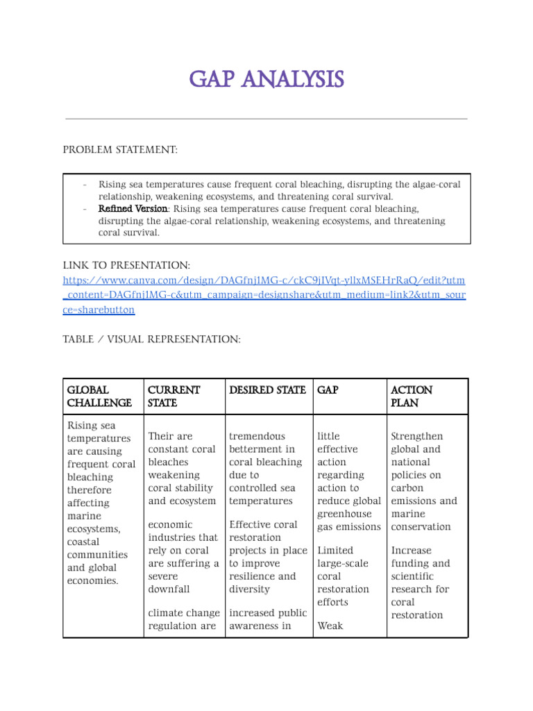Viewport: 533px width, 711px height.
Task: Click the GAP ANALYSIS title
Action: click(266, 80)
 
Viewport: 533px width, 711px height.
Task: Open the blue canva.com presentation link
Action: click(264, 295)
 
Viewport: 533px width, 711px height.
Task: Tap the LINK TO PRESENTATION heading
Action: click(126, 266)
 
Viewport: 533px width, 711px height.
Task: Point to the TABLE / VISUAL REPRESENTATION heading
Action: click(151, 339)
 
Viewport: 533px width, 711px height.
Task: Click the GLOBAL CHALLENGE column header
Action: click(99, 396)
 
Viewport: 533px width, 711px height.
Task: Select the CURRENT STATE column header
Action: click(174, 396)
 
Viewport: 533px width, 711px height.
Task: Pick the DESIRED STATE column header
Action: click(267, 390)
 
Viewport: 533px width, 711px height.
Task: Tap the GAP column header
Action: click(328, 390)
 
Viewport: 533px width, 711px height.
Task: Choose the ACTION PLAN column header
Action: click(412, 396)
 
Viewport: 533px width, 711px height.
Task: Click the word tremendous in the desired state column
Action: click(257, 436)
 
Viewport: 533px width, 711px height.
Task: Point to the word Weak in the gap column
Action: click(330, 626)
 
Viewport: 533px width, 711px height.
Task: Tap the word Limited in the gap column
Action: click(335, 550)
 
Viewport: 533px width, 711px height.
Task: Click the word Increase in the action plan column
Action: click(412, 550)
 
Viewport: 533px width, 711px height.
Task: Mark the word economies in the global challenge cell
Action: click(93, 580)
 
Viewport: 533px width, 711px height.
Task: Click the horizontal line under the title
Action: click(266, 119)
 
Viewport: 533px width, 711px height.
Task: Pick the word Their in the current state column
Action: click(160, 436)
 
